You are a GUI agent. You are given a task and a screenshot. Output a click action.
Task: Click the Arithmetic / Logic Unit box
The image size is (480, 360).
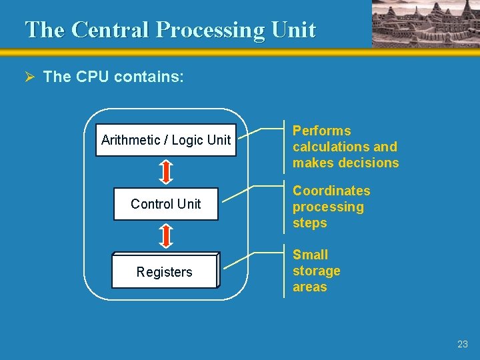point(165,140)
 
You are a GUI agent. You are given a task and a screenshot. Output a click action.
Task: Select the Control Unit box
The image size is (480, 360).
point(165,204)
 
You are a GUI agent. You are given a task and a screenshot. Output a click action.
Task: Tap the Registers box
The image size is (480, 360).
point(164,271)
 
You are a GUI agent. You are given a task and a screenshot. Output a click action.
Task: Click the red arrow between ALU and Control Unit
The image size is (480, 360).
point(167,171)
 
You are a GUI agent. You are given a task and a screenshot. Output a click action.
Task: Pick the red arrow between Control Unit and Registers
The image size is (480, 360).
point(167,236)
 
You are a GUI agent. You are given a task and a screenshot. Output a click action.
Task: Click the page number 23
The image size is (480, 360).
point(463,344)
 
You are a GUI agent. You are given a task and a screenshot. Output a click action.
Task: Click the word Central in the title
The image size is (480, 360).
point(109,30)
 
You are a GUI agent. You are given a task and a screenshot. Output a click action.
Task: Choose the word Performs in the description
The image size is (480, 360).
point(321,131)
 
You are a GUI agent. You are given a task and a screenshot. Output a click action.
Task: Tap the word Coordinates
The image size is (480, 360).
point(331,191)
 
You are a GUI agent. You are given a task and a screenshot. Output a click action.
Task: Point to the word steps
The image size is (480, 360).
point(309,223)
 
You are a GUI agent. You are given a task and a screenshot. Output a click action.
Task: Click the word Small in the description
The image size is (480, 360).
point(310,255)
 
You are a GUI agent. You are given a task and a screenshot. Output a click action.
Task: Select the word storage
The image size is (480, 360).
point(316,271)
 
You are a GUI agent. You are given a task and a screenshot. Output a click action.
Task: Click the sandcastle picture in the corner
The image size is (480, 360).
point(425,23)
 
